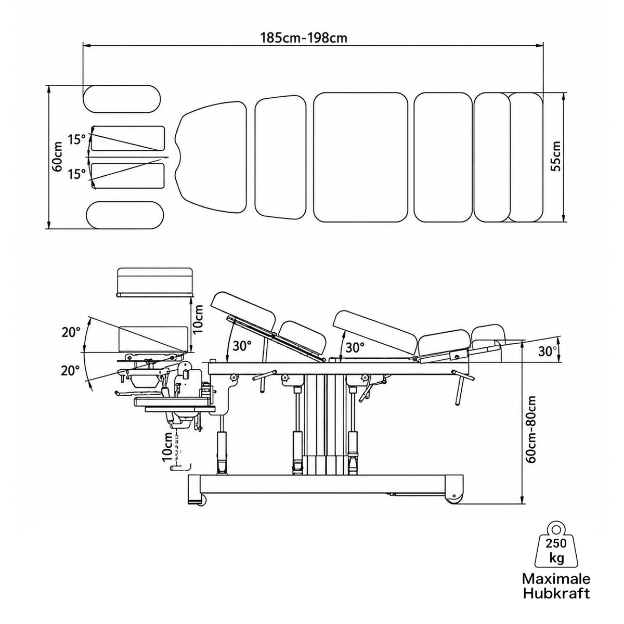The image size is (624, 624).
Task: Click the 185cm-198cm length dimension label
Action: tap(304, 38)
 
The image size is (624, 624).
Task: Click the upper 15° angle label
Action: tap(77, 139)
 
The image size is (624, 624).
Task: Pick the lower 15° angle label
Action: tap(77, 174)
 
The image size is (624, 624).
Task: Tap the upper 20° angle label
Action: tap(71, 333)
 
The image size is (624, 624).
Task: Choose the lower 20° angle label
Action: tap(70, 371)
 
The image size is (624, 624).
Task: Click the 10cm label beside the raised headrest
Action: tap(197, 319)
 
